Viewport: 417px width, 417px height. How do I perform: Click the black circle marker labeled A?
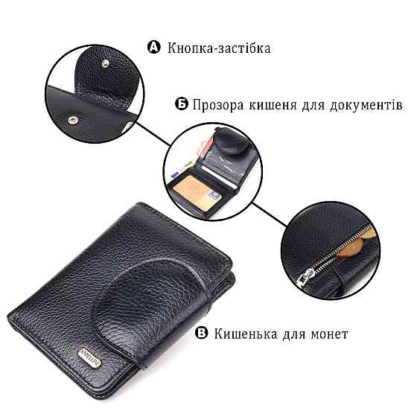[x=155, y=48]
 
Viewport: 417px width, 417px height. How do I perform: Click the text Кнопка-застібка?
[x=219, y=48]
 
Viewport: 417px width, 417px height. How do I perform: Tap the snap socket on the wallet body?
[x=72, y=117]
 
